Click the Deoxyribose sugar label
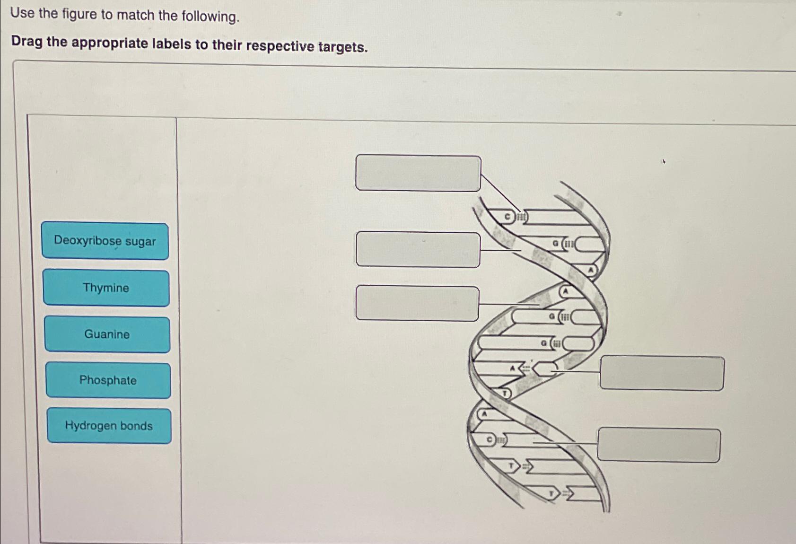[x=105, y=241]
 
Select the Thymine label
[x=106, y=288]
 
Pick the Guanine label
[x=107, y=334]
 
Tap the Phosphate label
[x=108, y=380]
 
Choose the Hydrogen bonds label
[x=109, y=426]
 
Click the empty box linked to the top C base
[x=418, y=173]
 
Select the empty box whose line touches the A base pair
[x=662, y=373]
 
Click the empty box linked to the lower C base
[x=659, y=445]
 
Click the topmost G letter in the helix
[x=556, y=244]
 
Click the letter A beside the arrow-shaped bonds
[x=512, y=368]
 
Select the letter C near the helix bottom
[x=490, y=440]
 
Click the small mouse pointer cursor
[x=664, y=162]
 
